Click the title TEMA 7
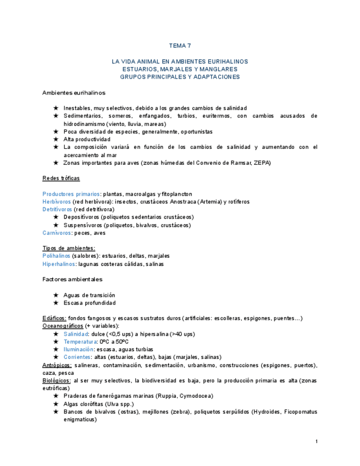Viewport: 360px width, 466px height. pos(180,46)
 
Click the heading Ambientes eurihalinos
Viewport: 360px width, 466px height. pos(74,92)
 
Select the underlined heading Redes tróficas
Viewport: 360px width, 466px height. pos(60,178)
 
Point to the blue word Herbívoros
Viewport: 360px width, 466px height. pos(56,202)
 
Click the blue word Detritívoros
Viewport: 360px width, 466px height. pos(57,209)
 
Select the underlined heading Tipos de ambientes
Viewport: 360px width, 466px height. pos(69,248)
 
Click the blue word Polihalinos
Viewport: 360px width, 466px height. pos(56,256)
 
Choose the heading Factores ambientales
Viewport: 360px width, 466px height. pos(72,279)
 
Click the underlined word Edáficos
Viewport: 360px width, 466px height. pos(54,318)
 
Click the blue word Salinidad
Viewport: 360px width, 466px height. pos(75,334)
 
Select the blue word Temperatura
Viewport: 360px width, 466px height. pos(79,342)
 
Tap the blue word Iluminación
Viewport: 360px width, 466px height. pos(77,349)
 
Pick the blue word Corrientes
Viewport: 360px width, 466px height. pos(77,357)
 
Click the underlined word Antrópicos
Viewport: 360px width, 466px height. pos(57,365)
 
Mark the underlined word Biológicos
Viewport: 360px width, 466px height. pos(56,380)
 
